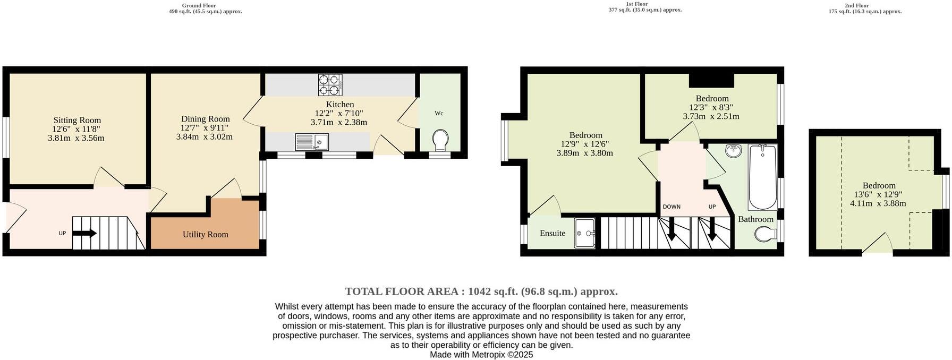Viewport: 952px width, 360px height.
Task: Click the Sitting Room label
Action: [x=77, y=121]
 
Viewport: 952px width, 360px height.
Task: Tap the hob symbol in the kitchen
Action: [x=330, y=84]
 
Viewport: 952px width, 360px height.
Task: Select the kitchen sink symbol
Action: [x=313, y=142]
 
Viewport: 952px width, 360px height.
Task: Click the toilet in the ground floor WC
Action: [x=440, y=141]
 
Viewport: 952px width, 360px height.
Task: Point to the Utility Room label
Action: [x=206, y=234]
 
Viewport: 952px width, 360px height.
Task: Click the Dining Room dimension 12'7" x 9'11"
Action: [x=205, y=128]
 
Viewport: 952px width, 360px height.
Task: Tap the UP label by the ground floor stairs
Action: [x=62, y=233]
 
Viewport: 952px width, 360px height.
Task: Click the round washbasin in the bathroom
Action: [x=734, y=151]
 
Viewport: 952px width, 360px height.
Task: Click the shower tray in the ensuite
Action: [x=585, y=233]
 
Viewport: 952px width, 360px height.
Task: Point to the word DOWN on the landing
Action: [x=671, y=207]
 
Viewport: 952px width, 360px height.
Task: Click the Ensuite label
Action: [x=552, y=233]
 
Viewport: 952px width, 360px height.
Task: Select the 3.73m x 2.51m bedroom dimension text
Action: [x=711, y=116]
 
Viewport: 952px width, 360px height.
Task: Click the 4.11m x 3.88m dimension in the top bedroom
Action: [x=878, y=203]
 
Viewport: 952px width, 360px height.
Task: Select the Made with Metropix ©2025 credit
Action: [x=481, y=355]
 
